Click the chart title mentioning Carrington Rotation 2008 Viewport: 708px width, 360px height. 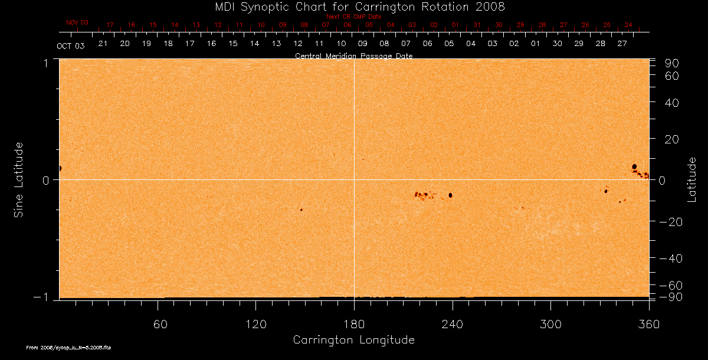pos(353,6)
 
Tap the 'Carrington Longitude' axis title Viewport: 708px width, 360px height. pos(353,340)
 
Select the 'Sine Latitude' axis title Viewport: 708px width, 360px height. pos(19,179)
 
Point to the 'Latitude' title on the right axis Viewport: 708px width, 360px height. pos(692,179)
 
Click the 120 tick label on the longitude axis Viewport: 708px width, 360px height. pos(255,324)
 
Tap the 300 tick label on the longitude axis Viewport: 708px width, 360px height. pos(550,324)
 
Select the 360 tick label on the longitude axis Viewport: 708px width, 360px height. pos(648,324)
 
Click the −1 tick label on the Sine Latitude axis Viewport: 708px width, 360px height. pos(43,297)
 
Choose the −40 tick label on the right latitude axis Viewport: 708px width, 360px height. pos(669,258)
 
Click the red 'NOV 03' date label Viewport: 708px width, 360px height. pos(77,22)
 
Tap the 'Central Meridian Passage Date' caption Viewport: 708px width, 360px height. pos(353,56)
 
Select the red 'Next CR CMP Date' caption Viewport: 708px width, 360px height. pos(353,17)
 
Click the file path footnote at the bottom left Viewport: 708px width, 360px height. pos(68,348)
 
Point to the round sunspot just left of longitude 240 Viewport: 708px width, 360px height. pos(450,195)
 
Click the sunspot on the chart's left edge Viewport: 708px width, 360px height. pos(60,168)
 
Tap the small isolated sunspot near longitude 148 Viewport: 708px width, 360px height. pos(301,210)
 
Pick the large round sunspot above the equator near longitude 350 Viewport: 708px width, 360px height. pos(634,166)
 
